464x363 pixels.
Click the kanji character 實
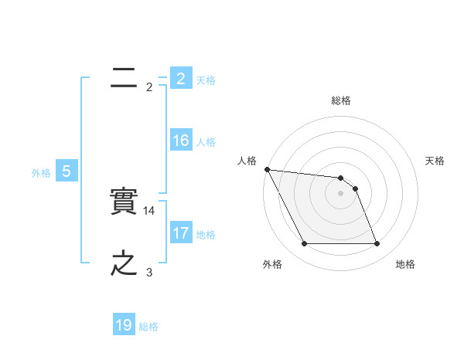tap(125, 202)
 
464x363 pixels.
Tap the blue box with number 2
tap(180, 78)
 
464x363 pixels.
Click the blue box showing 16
tap(180, 141)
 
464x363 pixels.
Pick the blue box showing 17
tap(180, 233)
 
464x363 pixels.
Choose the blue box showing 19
tap(124, 325)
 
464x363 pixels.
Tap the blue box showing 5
tap(67, 171)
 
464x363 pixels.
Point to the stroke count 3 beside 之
tap(149, 273)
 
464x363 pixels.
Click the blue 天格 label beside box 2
tap(206, 80)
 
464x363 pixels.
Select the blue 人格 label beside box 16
tap(206, 142)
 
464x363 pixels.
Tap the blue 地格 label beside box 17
tap(206, 235)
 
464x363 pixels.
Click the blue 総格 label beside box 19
tap(148, 327)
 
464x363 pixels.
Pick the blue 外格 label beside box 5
tap(41, 173)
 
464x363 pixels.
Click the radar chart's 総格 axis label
tap(341, 100)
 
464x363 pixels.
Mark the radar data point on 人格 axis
tap(267, 169)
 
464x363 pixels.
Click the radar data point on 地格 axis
tap(377, 244)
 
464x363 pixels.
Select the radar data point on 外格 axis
tap(304, 244)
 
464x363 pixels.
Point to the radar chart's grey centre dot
tap(340, 193)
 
